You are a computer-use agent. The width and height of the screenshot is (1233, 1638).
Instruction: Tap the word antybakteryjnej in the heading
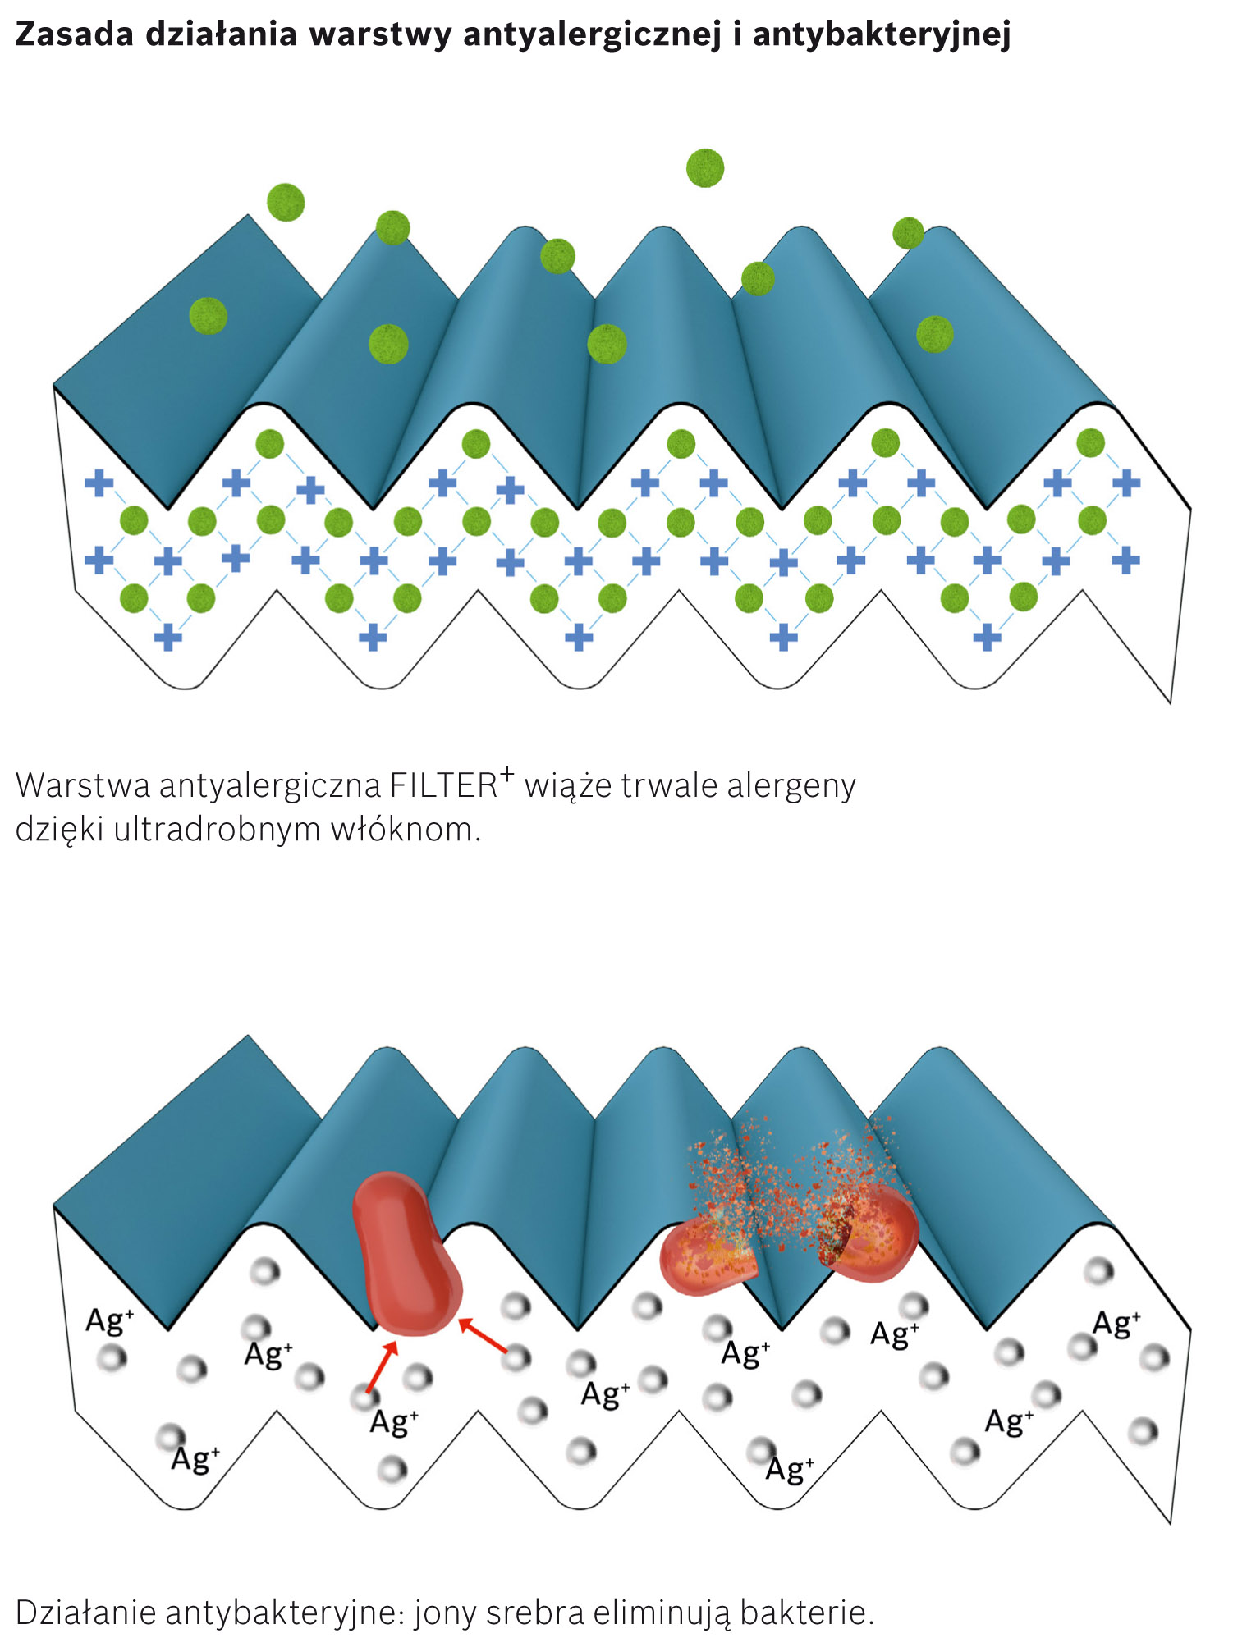(x=881, y=34)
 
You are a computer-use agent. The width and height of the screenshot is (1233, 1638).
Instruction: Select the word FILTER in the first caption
(x=443, y=785)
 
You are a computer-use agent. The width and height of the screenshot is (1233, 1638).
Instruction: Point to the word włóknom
(x=405, y=830)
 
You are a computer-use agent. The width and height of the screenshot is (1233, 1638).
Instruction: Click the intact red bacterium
(x=405, y=1254)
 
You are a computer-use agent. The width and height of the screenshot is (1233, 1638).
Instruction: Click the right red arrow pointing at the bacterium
(x=484, y=1334)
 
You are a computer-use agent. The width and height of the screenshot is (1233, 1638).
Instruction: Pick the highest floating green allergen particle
(x=705, y=168)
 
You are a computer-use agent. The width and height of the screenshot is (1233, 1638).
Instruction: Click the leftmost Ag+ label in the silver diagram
(x=109, y=1320)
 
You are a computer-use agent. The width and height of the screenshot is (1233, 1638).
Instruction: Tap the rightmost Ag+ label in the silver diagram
(x=1116, y=1323)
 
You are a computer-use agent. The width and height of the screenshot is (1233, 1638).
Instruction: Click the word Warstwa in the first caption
(x=83, y=785)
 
